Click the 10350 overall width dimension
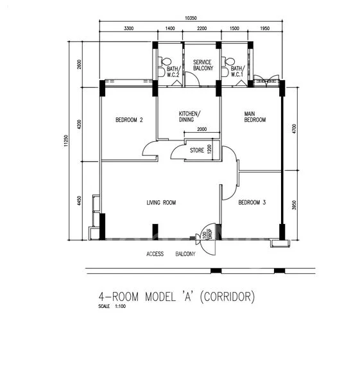coord(191,18)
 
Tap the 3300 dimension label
coord(129,28)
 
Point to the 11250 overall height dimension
coord(65,141)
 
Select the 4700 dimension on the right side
coord(295,129)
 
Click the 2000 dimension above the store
coord(202,129)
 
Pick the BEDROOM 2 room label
coord(129,120)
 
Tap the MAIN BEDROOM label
coord(255,117)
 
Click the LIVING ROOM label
coord(161,203)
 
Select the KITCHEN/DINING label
coord(189,117)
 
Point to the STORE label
coord(197,150)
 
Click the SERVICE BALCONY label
coord(203,65)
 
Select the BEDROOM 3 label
coord(252,202)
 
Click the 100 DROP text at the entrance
coord(207,234)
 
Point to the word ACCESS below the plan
coord(155,254)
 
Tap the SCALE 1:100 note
coord(112,306)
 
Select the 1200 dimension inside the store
coord(209,149)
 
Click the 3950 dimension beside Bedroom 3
coord(295,205)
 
